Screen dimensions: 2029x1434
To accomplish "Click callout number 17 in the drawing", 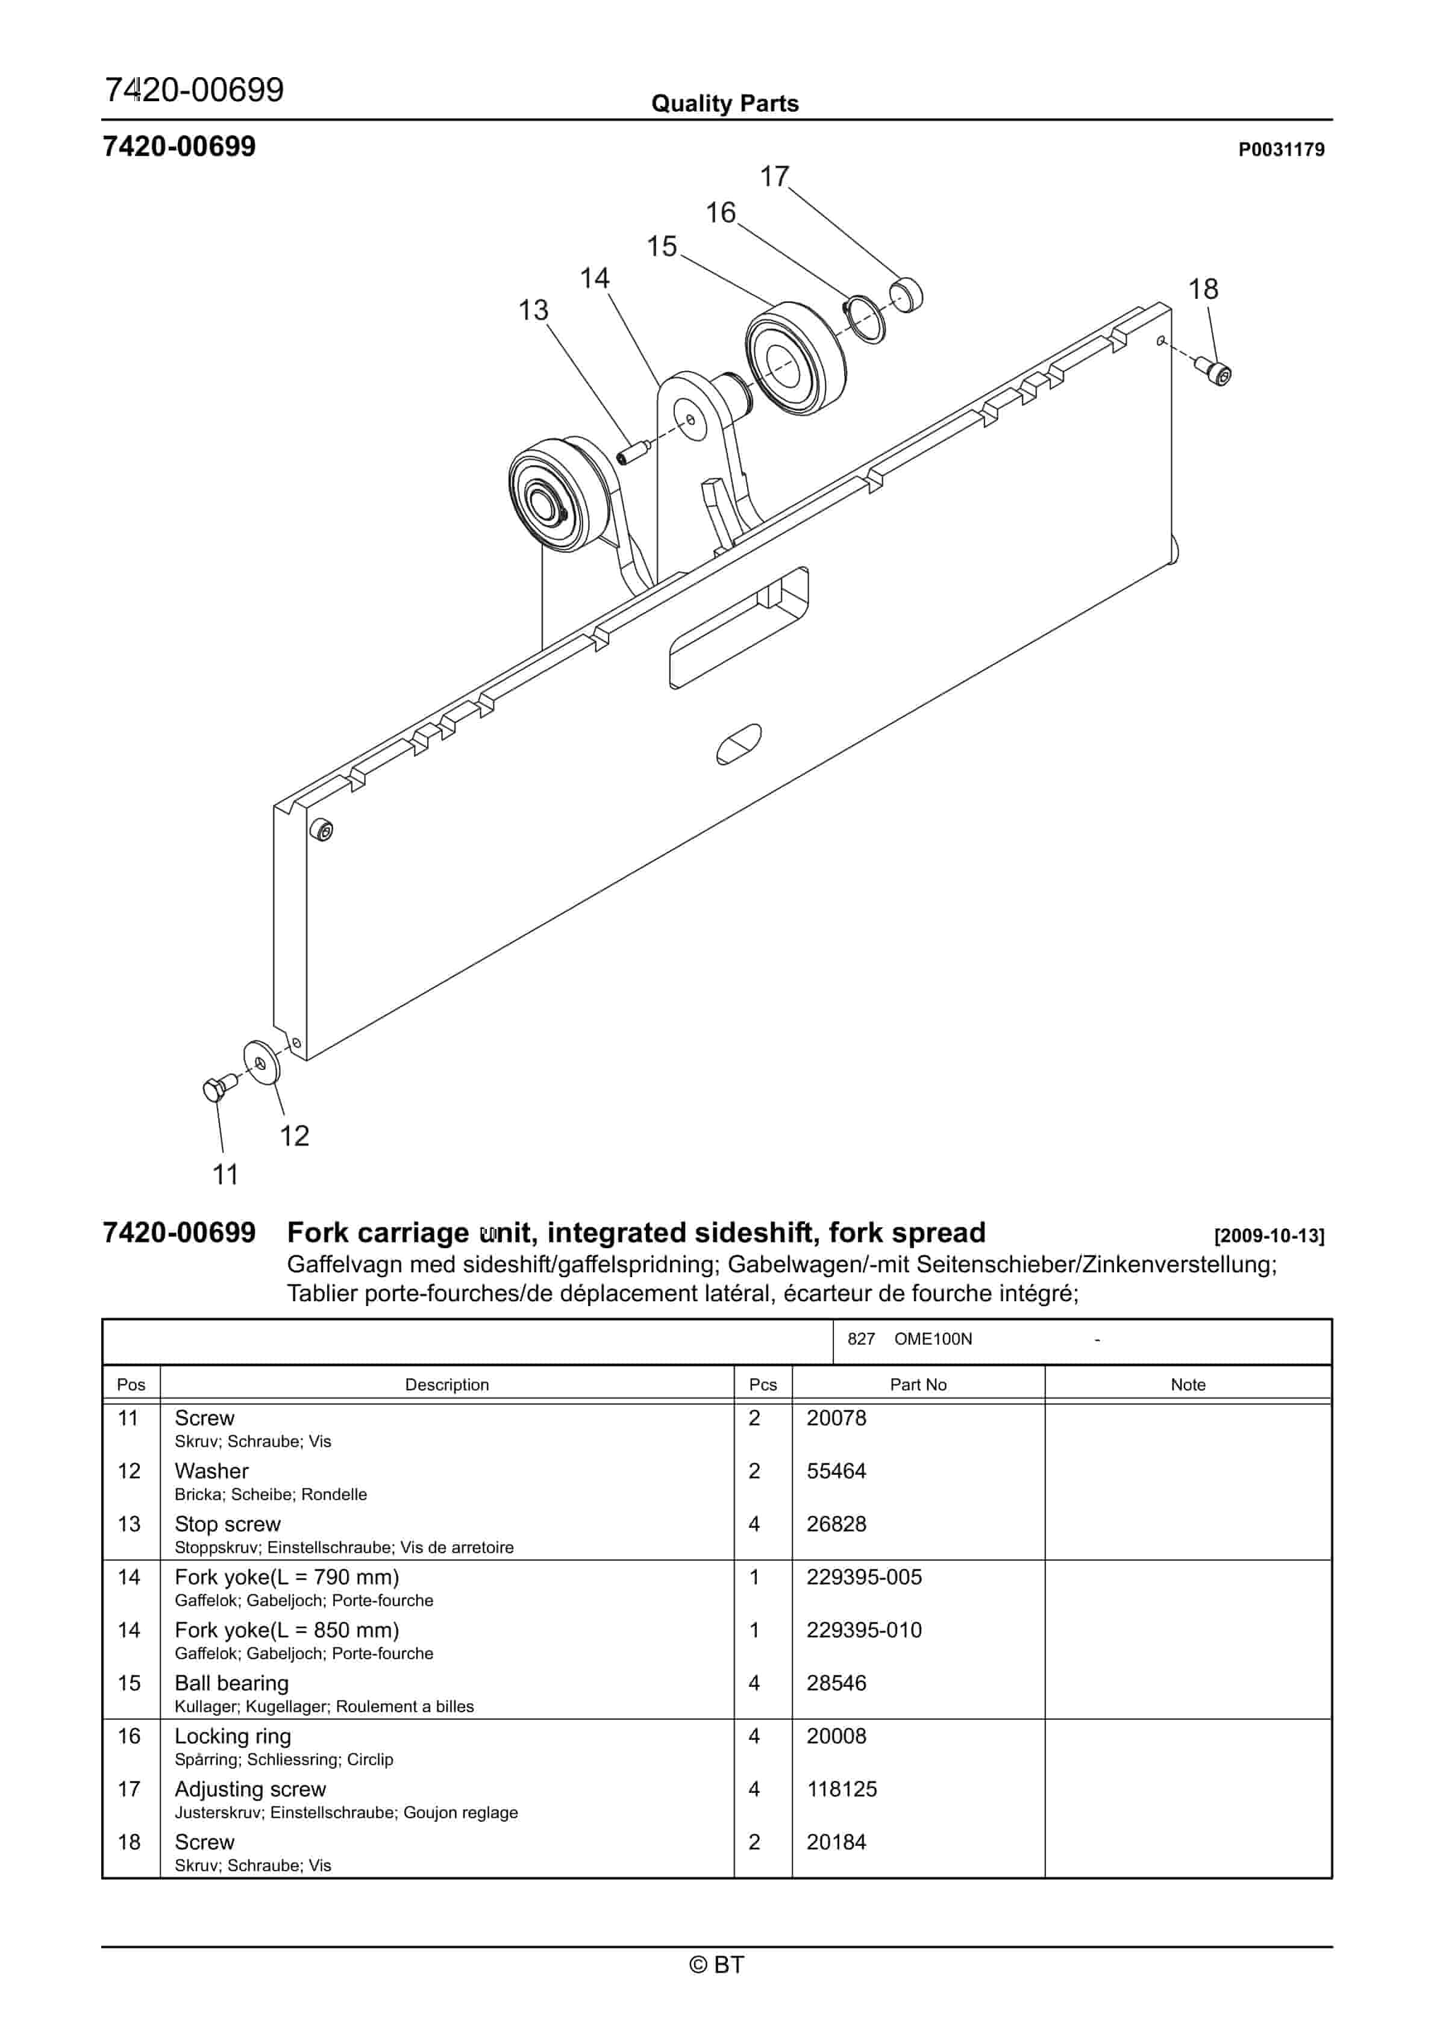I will coord(774,177).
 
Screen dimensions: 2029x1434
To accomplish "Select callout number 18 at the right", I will coord(1203,289).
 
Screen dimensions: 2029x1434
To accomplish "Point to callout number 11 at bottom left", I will coord(225,1175).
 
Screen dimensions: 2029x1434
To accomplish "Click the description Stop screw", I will coord(227,1524).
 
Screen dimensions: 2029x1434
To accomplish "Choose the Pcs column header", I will coord(762,1385).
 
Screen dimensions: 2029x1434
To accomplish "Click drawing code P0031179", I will coord(1280,150).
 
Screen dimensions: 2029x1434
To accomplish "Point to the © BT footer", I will coord(716,1965).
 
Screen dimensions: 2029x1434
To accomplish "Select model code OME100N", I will coord(932,1339).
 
